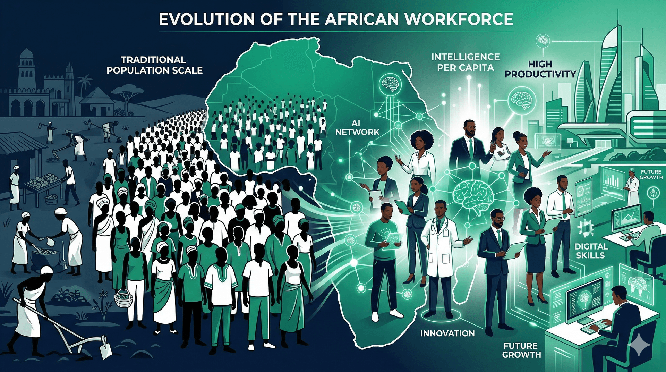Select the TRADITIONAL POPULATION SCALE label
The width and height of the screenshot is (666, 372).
pyautogui.click(x=154, y=65)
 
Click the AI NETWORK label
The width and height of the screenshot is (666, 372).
pyautogui.click(x=357, y=128)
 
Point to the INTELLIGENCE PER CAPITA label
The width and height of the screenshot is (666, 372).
pyautogui.click(x=465, y=62)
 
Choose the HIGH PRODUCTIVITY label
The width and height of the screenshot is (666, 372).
pyautogui.click(x=540, y=69)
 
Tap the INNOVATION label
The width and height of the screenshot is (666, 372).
pyautogui.click(x=447, y=333)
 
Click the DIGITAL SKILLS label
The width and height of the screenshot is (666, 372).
pyautogui.click(x=591, y=251)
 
